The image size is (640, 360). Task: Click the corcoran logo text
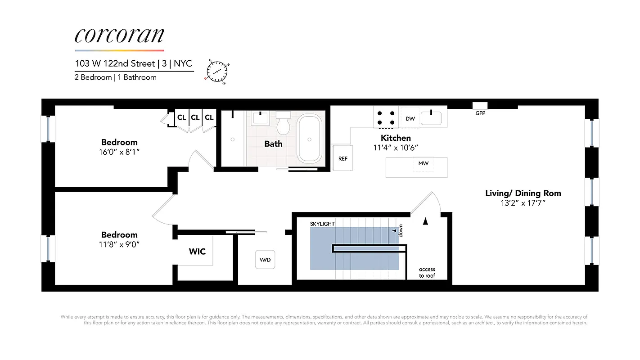119,35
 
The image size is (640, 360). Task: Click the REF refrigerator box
343,158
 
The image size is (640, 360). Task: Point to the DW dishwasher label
410,119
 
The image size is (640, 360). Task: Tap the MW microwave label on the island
423,163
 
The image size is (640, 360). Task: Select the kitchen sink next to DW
431,118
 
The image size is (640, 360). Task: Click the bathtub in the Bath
309,139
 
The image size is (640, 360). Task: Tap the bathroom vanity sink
260,119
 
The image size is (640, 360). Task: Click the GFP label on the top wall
480,113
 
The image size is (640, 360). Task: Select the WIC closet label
197,251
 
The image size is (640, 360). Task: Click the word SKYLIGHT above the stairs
322,224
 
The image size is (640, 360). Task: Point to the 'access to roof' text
427,273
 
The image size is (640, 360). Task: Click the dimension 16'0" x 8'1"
119,152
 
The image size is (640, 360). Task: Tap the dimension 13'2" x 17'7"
523,203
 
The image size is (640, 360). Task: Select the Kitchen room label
396,138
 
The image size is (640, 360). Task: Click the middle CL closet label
195,117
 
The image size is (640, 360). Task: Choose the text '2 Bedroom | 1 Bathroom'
116,77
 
